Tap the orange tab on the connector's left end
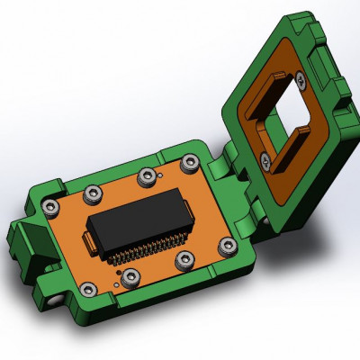[88, 240]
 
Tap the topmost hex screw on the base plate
[190, 163]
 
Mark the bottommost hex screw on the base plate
[90, 289]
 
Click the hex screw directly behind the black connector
[145, 176]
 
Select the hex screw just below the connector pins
[130, 275]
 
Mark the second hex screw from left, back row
[91, 193]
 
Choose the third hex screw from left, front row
[184, 261]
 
